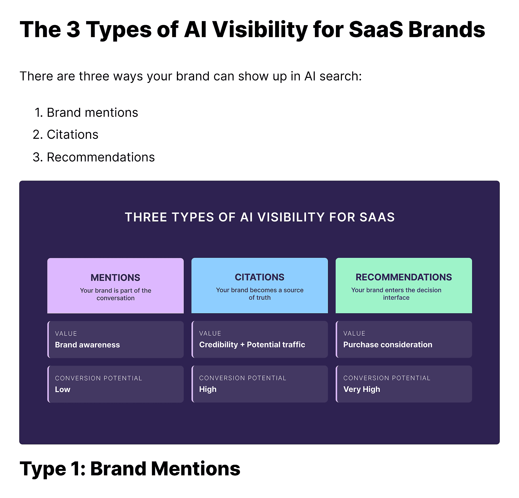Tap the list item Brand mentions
click(x=92, y=113)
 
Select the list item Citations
click(x=72, y=135)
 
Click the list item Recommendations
click(x=101, y=157)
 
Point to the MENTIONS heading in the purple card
click(x=115, y=278)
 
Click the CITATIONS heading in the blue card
click(x=259, y=277)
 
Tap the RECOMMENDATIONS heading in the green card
click(x=403, y=277)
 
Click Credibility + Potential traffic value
click(x=252, y=344)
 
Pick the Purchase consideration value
click(x=387, y=344)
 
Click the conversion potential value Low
click(x=62, y=389)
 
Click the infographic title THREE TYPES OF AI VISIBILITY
click(x=259, y=217)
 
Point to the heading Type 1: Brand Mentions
click(x=130, y=468)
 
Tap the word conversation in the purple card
click(x=115, y=298)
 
